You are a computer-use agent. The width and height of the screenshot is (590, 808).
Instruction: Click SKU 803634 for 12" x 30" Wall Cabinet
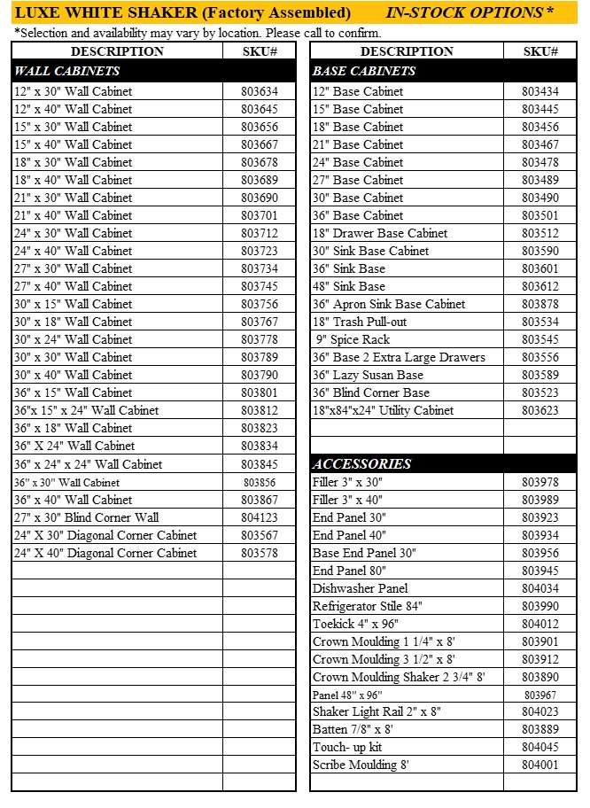[x=259, y=91]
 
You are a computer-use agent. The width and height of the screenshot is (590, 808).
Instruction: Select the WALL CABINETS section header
[x=67, y=71]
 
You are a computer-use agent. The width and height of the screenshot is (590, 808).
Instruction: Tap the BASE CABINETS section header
[x=363, y=71]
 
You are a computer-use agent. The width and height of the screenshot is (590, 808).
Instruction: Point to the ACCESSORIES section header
[x=361, y=463]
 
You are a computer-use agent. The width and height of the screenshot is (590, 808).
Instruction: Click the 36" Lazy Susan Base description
[x=368, y=375]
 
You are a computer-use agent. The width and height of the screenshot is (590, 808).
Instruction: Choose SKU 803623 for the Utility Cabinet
[x=540, y=410]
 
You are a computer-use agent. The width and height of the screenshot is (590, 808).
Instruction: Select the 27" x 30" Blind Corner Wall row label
[x=86, y=517]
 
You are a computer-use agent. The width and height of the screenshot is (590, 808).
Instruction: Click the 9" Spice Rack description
[x=353, y=339]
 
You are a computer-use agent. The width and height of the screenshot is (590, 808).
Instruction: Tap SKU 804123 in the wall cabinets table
[x=259, y=517]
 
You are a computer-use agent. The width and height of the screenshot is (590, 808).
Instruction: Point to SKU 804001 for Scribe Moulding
[x=540, y=765]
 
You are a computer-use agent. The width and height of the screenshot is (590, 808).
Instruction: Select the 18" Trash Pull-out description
[x=360, y=322]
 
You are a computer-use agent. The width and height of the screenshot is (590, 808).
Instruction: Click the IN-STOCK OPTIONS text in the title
[x=469, y=12]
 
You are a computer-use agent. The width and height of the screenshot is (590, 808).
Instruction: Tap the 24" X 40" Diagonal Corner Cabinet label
[x=105, y=553]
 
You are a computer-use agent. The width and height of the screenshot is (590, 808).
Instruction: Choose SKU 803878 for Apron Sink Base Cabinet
[x=540, y=304]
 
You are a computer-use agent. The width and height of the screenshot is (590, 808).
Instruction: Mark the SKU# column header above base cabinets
[x=540, y=51]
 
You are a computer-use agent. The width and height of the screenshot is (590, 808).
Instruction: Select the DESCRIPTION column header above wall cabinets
[x=117, y=51]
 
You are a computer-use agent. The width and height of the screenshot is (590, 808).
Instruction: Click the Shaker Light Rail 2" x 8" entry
[x=377, y=711]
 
